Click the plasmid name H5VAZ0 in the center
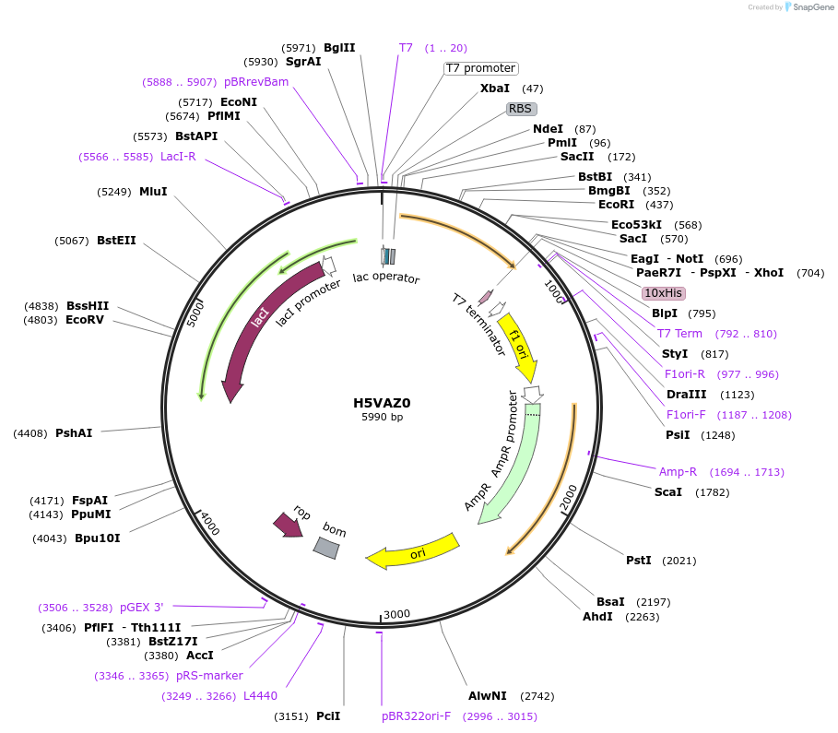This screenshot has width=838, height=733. pyautogui.click(x=382, y=403)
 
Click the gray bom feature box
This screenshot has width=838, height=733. pyautogui.click(x=326, y=548)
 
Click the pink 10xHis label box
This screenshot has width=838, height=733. pyautogui.click(x=664, y=292)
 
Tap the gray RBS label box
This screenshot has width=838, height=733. pyautogui.click(x=521, y=108)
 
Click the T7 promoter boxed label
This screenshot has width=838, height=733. pyautogui.click(x=480, y=68)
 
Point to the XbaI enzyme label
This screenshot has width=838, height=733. pyautogui.click(x=495, y=89)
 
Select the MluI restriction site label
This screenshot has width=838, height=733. pyautogui.click(x=153, y=192)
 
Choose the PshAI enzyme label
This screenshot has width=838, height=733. pyautogui.click(x=74, y=432)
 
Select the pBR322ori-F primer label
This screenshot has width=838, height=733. pyautogui.click(x=417, y=715)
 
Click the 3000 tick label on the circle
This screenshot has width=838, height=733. pyautogui.click(x=396, y=614)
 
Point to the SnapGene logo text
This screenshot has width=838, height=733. pyautogui.click(x=811, y=6)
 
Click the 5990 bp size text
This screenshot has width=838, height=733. pyautogui.click(x=382, y=417)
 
